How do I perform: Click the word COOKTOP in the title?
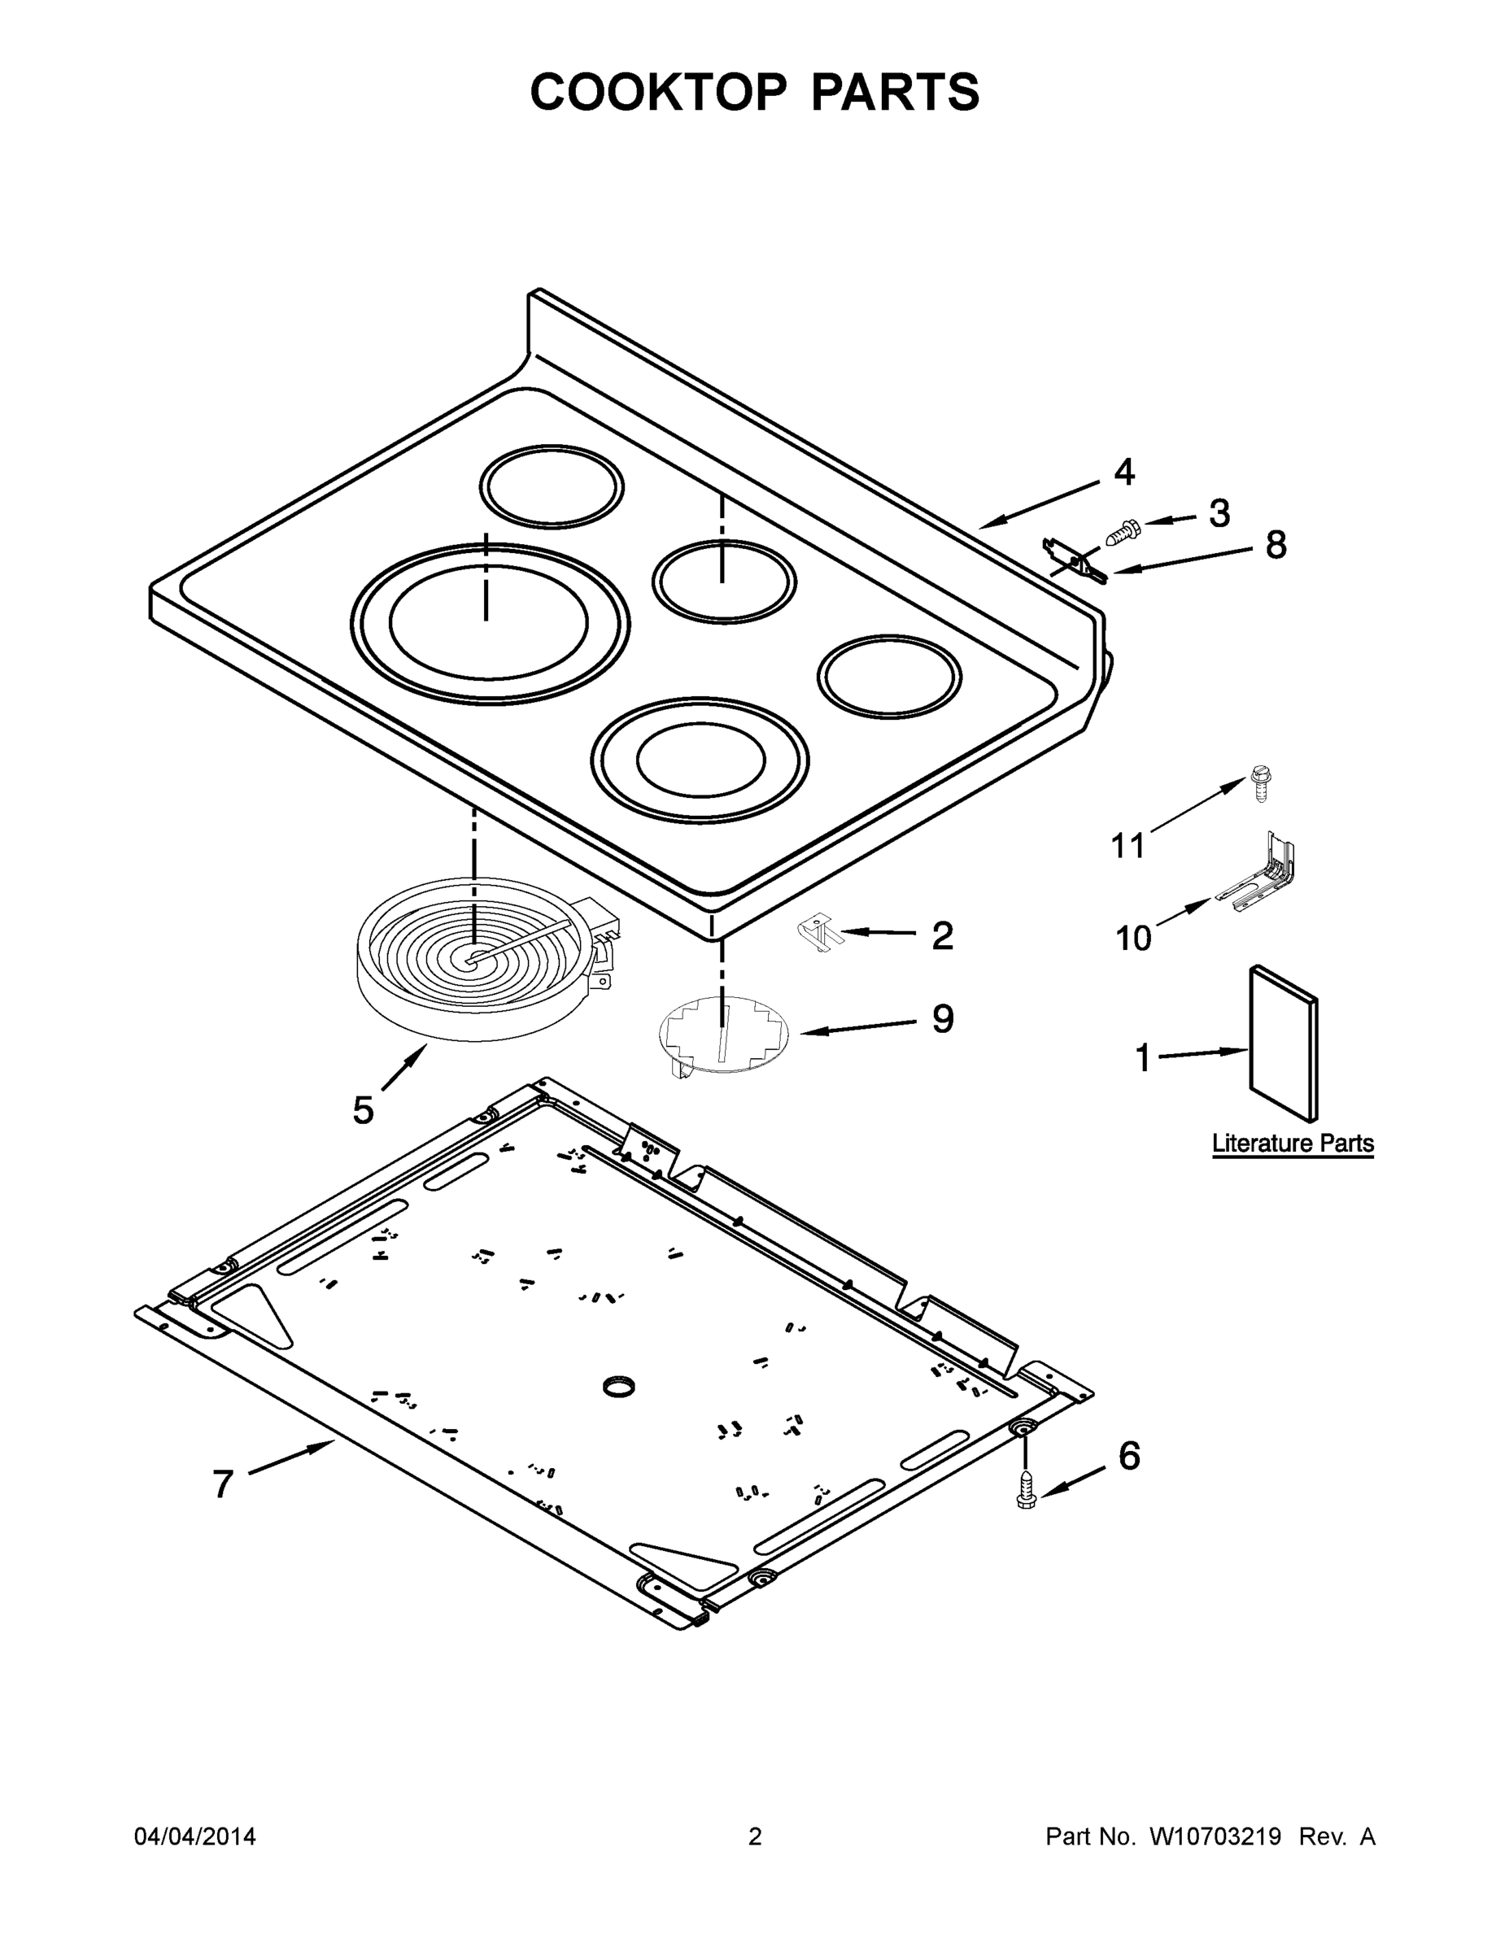tap(659, 92)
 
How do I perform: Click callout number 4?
tap(1123, 472)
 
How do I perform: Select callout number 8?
tap(1276, 544)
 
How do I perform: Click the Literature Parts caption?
tap(1292, 1143)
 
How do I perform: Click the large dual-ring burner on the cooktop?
tap(489, 622)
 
